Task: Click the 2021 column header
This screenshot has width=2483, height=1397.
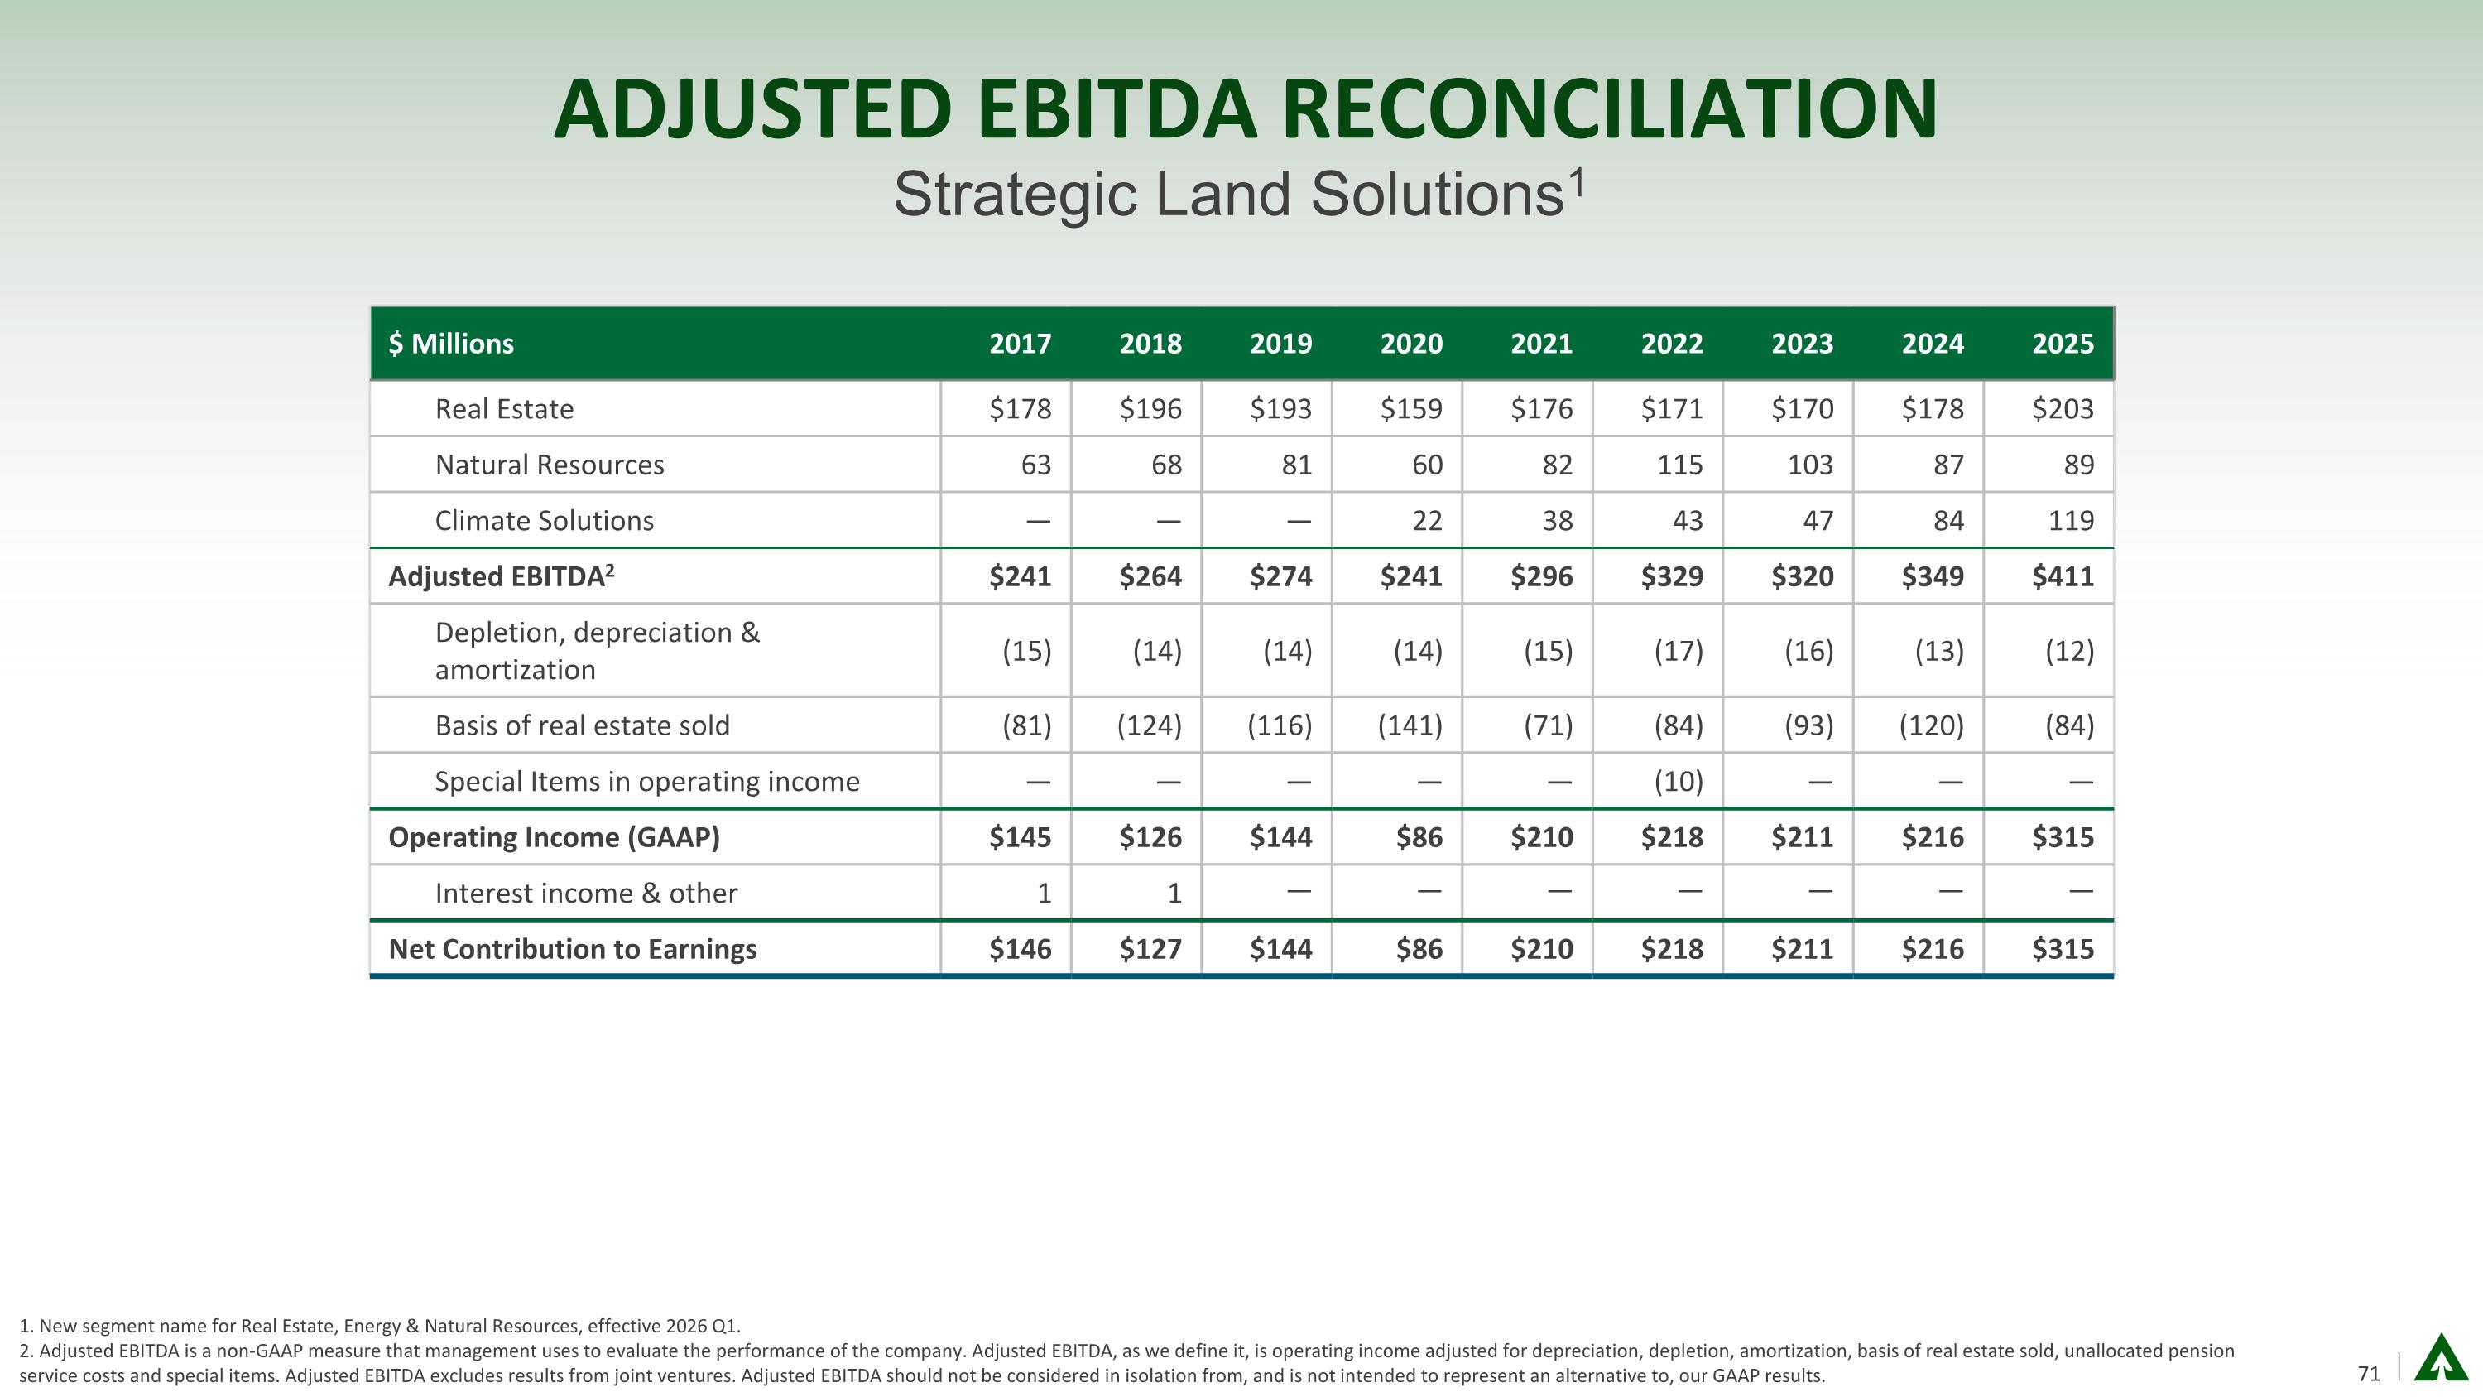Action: tap(1541, 344)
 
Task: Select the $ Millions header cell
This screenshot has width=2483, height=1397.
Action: tap(451, 344)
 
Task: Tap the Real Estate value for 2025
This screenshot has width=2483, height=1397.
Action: tap(2062, 409)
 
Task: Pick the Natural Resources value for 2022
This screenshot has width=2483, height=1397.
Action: tap(1679, 465)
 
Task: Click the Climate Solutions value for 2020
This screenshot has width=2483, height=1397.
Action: tap(1427, 521)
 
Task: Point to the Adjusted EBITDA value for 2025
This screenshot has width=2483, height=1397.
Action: tap(2062, 576)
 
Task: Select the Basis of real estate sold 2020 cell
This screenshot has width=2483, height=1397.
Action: tap(1410, 725)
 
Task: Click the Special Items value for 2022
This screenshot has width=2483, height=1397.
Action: tap(1679, 781)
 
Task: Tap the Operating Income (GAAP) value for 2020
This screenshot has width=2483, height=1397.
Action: tap(1419, 837)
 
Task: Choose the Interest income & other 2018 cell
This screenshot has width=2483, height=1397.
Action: tap(1173, 894)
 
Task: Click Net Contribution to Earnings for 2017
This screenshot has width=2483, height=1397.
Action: tap(1020, 950)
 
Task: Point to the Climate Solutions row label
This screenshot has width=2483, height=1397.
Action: tap(544, 521)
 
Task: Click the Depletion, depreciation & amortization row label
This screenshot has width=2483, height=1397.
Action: tap(597, 651)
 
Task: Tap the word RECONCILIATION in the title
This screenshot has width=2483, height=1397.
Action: tap(1609, 109)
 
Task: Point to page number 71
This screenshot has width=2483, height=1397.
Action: tap(2368, 1374)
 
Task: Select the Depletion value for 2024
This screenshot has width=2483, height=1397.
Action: tap(1938, 651)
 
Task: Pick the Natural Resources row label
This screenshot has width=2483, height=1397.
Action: tap(550, 465)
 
